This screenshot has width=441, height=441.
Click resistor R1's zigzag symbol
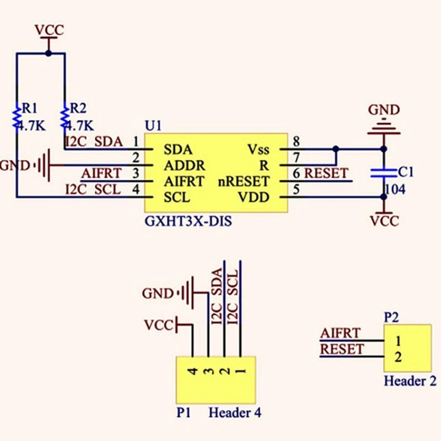[x=17, y=117]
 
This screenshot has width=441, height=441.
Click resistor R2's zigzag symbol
[x=65, y=117]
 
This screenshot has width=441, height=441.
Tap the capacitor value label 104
[x=395, y=190]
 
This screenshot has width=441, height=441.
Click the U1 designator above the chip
[x=153, y=126]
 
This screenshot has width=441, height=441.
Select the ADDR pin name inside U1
[x=185, y=165]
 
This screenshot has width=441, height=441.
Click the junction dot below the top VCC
[x=49, y=53]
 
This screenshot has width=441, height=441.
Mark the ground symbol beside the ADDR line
[x=43, y=164]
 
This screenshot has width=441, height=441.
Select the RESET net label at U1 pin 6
[x=326, y=173]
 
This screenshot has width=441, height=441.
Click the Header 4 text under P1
[x=234, y=412]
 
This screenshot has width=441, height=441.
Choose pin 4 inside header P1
[x=192, y=371]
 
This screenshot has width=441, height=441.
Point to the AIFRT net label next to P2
[x=341, y=333]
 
